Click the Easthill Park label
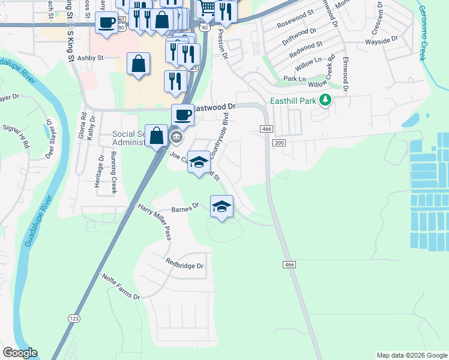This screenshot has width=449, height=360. coord(293,100)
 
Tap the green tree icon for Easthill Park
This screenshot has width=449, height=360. coord(325,100)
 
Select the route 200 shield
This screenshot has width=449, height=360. coord(279,142)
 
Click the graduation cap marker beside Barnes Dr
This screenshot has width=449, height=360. coord(221,206)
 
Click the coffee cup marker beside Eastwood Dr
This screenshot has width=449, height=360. coord(182,114)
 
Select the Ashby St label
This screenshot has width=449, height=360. coord(91,58)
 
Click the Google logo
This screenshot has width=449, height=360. coord(20,353)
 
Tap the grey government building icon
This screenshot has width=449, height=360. coord(176,137)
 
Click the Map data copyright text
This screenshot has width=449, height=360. coord(412,355)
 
